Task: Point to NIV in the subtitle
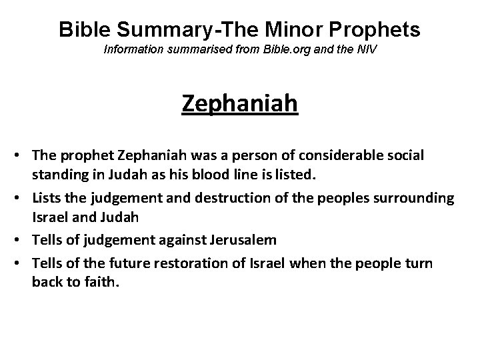[366, 51]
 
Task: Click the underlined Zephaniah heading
[239, 104]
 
